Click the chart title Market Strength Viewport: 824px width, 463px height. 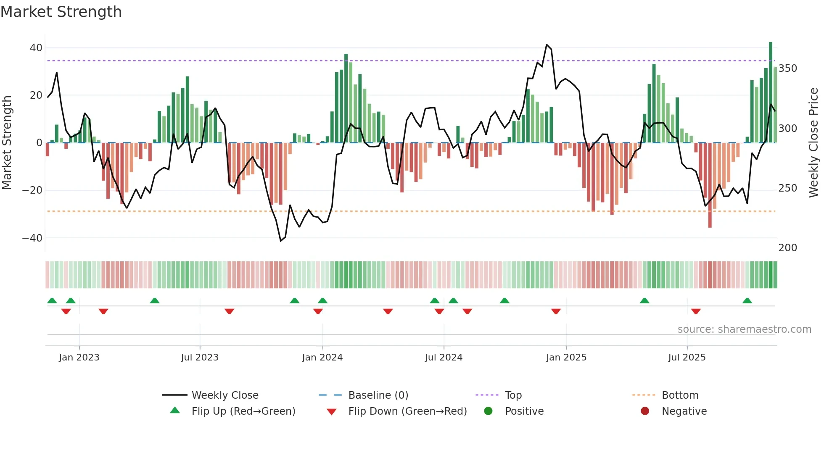[x=61, y=12]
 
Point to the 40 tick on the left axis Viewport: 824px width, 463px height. [x=36, y=48]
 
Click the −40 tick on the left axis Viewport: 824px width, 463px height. [x=32, y=238]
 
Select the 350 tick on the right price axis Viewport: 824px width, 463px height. [x=787, y=68]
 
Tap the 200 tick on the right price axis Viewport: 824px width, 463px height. [x=787, y=248]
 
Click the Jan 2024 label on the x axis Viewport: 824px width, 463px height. [x=322, y=358]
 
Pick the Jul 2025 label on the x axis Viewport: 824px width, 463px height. [x=687, y=358]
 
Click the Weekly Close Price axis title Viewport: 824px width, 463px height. [x=814, y=143]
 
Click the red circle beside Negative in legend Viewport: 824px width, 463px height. [x=644, y=411]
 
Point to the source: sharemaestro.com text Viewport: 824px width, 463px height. [x=744, y=329]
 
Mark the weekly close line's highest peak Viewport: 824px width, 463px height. [x=547, y=45]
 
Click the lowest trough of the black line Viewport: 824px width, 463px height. [x=281, y=241]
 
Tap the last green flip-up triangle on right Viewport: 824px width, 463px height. [x=747, y=301]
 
